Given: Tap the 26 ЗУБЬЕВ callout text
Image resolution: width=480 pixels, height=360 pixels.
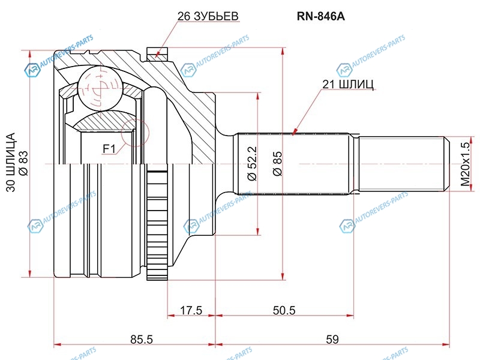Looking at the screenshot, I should (207, 16).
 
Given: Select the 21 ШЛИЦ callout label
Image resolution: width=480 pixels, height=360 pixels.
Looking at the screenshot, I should (348, 85).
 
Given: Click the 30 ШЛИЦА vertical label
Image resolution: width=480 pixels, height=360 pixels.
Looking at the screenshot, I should (11, 163).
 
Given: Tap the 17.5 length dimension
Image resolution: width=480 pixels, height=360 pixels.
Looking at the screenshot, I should (191, 310).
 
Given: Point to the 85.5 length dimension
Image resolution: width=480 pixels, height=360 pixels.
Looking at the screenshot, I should (142, 339).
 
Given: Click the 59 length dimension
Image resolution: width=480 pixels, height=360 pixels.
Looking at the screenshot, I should (332, 339).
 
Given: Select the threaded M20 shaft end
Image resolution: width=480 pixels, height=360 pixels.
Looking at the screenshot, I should (402, 163).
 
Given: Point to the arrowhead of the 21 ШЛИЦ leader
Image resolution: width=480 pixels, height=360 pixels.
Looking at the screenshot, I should (293, 133).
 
